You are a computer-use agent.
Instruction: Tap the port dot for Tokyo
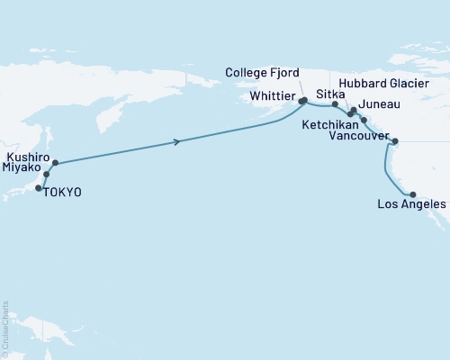coord(39,188)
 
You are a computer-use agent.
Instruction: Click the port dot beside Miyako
coord(47,175)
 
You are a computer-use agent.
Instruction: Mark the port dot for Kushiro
coord(55,164)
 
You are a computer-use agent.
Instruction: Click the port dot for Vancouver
coord(393,140)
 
